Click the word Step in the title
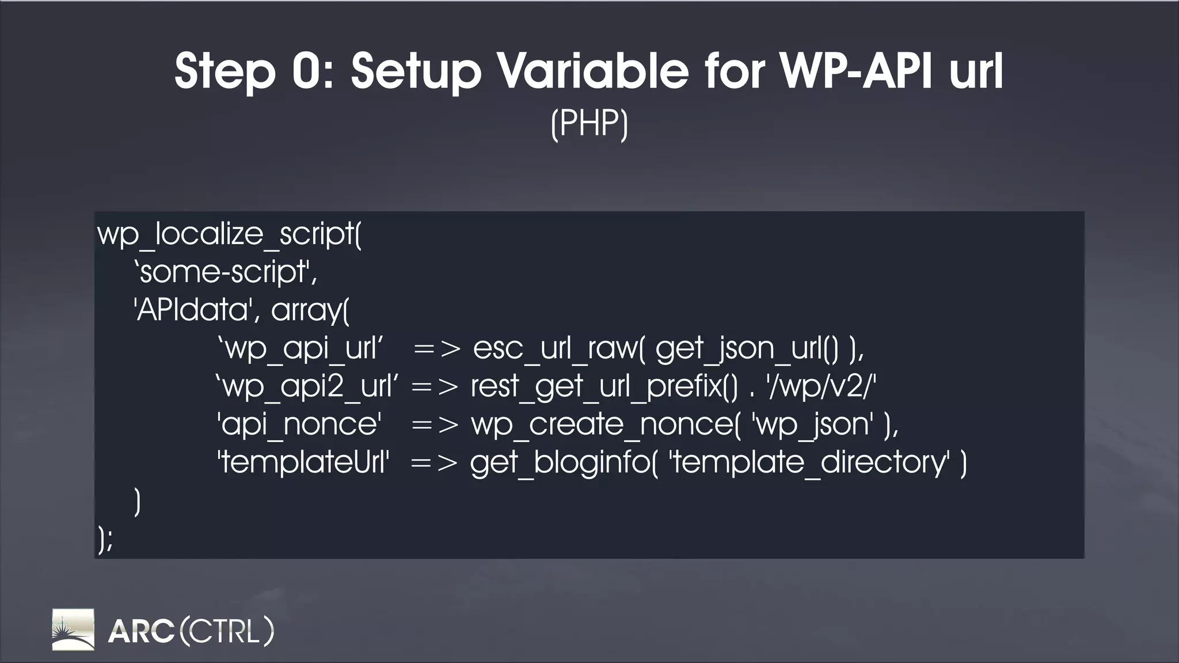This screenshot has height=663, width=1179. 225,72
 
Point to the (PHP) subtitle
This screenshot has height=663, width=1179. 589,123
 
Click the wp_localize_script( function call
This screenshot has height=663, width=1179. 229,234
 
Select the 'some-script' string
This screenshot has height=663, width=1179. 225,272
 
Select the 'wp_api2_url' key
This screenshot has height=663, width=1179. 307,386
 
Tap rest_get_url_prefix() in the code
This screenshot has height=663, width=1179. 604,386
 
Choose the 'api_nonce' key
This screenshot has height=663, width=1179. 299,424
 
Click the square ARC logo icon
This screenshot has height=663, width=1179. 73,630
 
